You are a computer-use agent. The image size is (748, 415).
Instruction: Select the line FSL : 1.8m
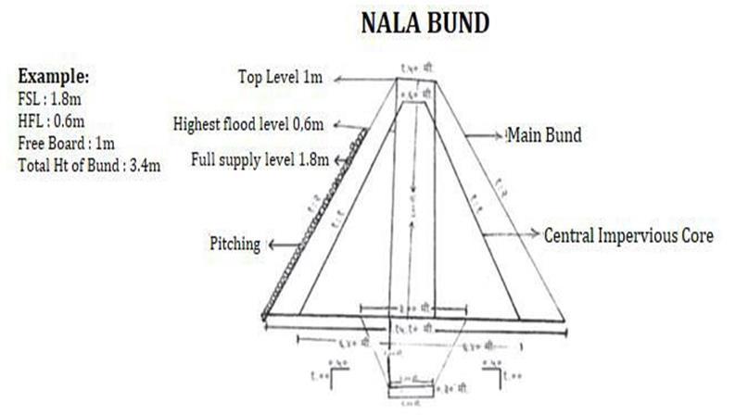click(50, 98)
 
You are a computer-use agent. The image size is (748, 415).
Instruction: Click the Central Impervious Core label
click(628, 235)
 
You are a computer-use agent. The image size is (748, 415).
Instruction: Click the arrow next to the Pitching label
click(276, 245)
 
